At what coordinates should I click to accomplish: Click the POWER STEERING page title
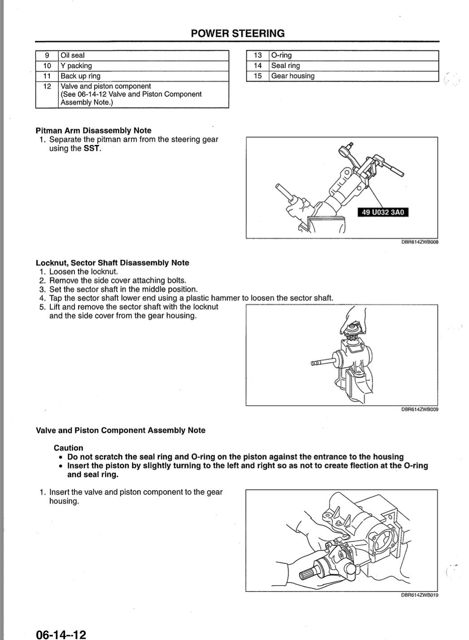click(x=237, y=34)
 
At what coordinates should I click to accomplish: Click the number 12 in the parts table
click(x=47, y=86)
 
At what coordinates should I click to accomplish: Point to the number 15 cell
click(x=257, y=76)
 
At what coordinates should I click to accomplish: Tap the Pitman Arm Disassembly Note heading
click(x=93, y=131)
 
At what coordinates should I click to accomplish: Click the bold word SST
click(x=92, y=149)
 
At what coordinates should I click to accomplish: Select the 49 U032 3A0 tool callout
click(x=383, y=212)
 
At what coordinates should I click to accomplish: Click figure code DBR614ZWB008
click(x=420, y=242)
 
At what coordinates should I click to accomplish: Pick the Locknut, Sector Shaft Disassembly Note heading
click(x=112, y=263)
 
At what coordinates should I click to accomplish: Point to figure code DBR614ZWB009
click(x=420, y=409)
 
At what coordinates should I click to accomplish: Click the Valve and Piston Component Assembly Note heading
click(x=120, y=430)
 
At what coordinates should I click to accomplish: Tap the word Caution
click(x=68, y=448)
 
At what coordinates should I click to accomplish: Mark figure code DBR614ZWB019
click(x=420, y=595)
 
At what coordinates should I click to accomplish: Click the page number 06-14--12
click(x=61, y=634)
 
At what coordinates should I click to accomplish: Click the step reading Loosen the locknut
click(x=83, y=272)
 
